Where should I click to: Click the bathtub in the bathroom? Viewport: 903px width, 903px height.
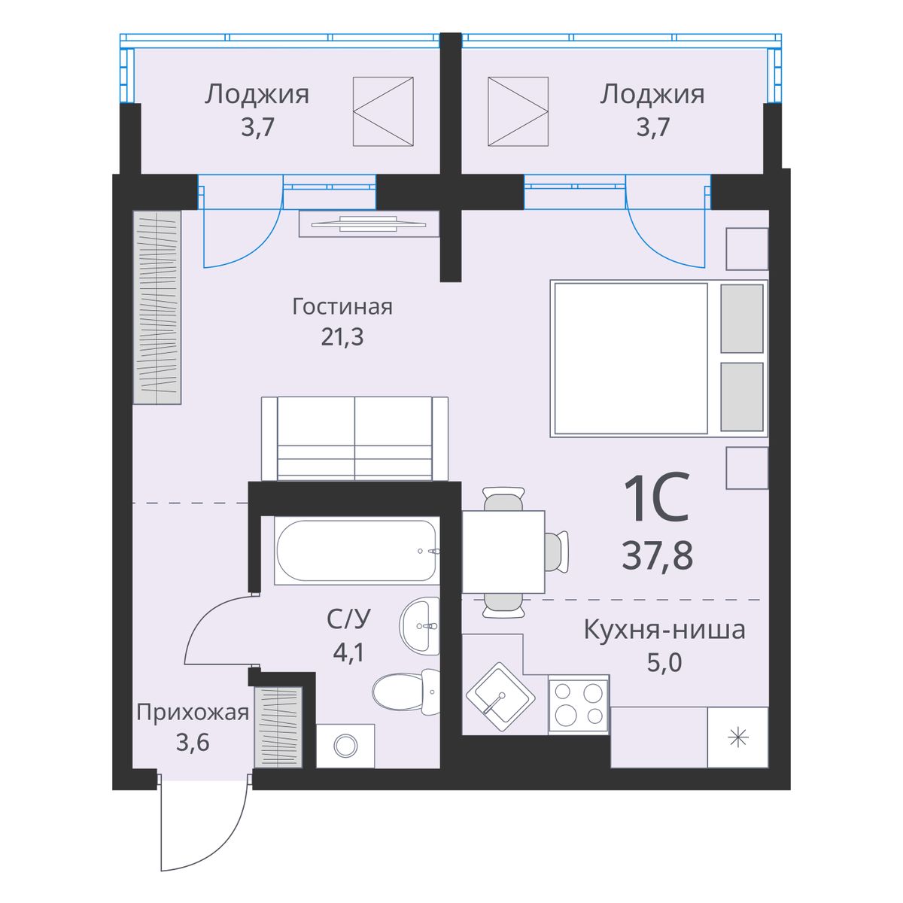[x=357, y=551]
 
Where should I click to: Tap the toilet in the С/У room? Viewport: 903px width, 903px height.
[x=406, y=692]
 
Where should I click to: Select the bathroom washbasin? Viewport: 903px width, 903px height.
[x=419, y=626]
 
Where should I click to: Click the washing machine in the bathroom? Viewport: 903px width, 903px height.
[x=345, y=746]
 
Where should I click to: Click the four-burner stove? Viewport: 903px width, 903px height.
[x=579, y=704]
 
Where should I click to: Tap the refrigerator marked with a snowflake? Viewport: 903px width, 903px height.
[x=737, y=737]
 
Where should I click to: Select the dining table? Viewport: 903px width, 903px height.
[x=503, y=552]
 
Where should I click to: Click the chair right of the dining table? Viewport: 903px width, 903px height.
[x=557, y=552]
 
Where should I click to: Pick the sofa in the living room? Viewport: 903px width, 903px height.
[x=354, y=439]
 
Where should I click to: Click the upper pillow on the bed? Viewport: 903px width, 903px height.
[x=742, y=318]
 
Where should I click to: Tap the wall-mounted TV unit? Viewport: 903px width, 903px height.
[x=369, y=224]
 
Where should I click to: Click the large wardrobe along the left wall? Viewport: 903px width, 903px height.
[x=157, y=308]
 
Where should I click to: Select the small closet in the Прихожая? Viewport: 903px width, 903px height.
[x=278, y=727]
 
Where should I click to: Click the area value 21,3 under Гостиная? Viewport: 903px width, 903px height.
[x=342, y=336]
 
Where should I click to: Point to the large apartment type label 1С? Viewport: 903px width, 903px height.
[x=656, y=497]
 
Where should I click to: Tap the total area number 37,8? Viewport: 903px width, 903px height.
[x=658, y=555]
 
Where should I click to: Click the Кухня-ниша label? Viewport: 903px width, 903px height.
[x=664, y=631]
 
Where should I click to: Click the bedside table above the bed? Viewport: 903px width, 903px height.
[x=747, y=249]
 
